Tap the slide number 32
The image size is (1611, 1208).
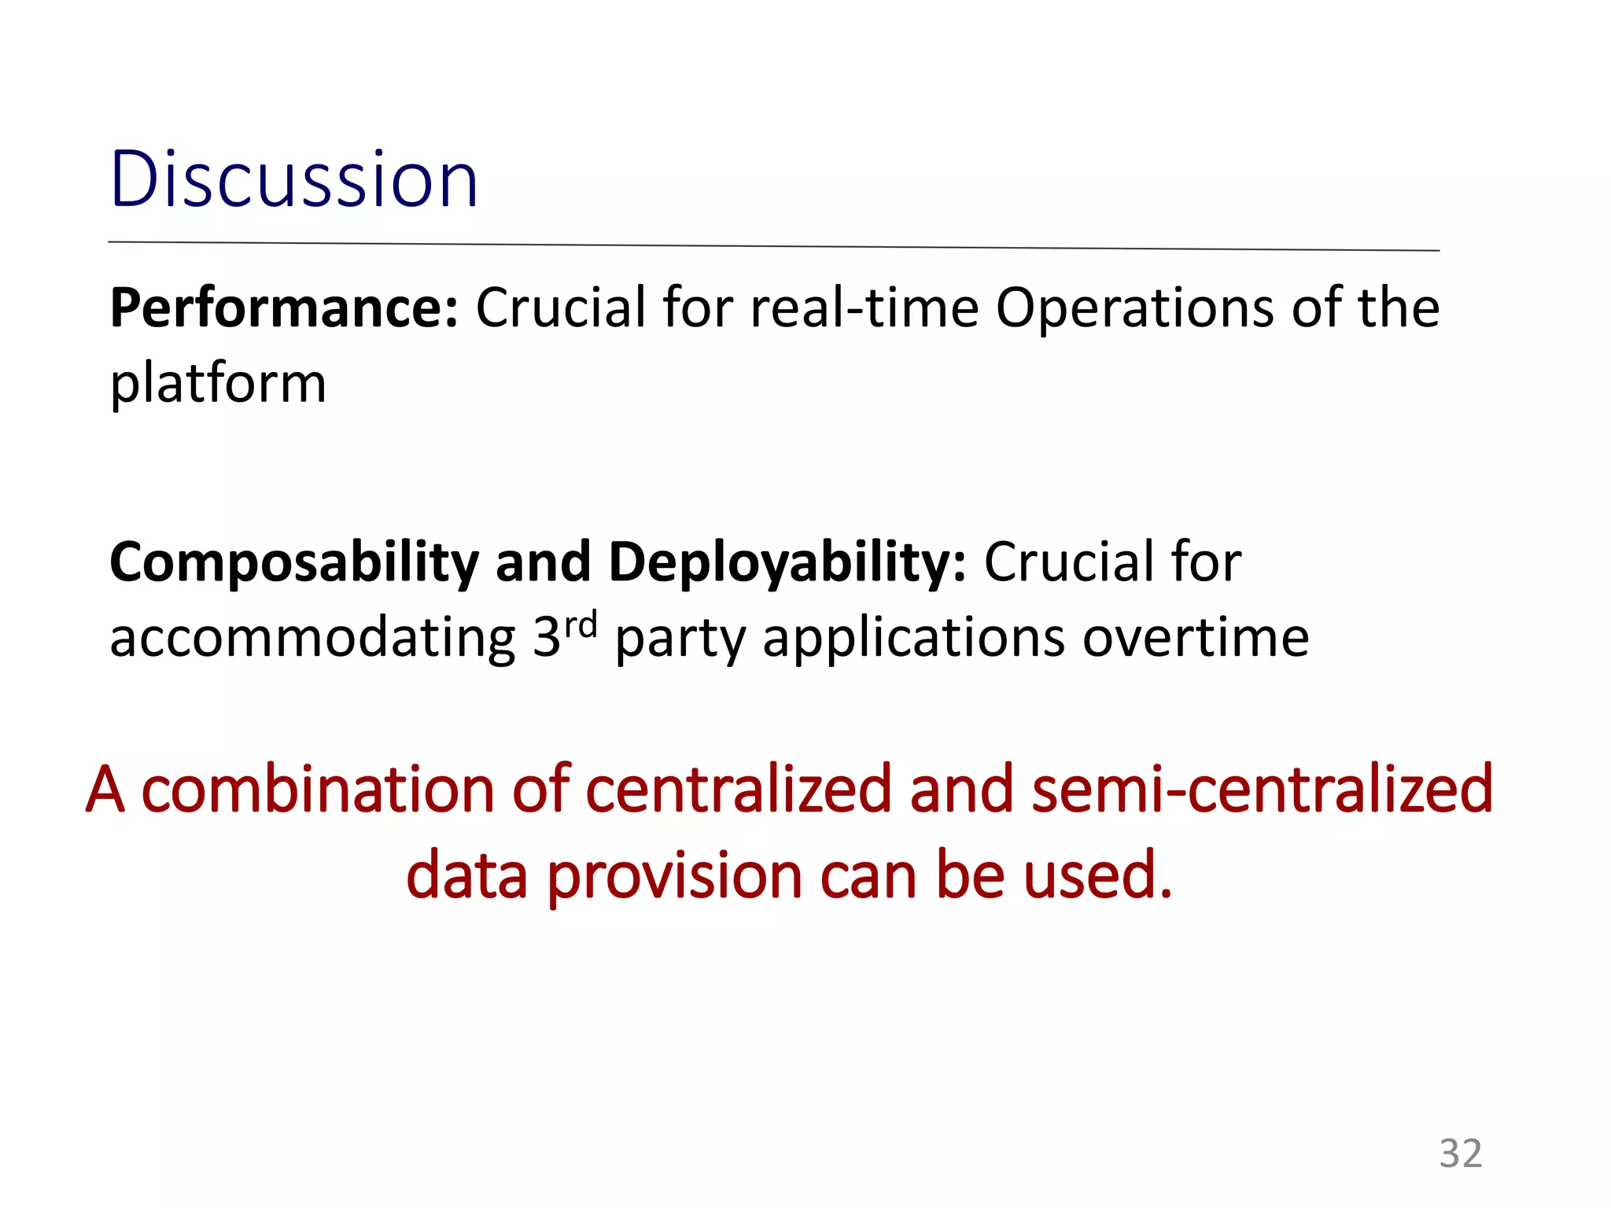pyautogui.click(x=1460, y=1154)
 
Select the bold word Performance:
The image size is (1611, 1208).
pyautogui.click(x=283, y=308)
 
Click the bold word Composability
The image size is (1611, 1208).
pyautogui.click(x=293, y=563)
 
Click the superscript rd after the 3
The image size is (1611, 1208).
pyautogui.click(x=581, y=625)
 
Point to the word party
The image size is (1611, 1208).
pyautogui.click(x=680, y=639)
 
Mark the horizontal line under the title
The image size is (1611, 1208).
pyautogui.click(x=773, y=246)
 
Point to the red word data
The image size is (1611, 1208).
pyautogui.click(x=466, y=875)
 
